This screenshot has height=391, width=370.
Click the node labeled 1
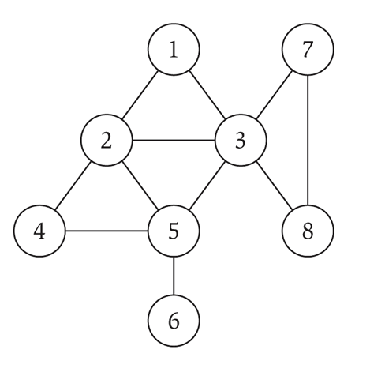click(174, 49)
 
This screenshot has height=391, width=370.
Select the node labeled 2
click(107, 140)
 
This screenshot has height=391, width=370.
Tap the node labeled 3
click(241, 140)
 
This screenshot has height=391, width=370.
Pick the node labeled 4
click(39, 231)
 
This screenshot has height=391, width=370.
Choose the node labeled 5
click(174, 231)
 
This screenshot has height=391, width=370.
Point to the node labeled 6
click(174, 321)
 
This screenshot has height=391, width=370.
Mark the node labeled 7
click(308, 49)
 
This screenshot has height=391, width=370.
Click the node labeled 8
click(308, 231)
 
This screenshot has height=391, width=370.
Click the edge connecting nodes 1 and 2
click(140, 95)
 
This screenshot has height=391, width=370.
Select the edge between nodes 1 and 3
click(207, 95)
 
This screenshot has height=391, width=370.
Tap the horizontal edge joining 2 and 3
click(174, 140)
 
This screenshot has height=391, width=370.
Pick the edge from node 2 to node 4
click(73, 186)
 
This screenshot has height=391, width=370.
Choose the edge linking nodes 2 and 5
click(140, 186)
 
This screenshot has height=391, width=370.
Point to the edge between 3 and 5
click(207, 186)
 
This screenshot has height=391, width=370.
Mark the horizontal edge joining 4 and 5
click(107, 231)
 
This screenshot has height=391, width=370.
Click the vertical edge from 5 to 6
click(174, 276)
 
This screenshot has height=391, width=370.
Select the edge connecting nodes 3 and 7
click(275, 95)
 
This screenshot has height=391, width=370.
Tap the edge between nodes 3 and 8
click(275, 186)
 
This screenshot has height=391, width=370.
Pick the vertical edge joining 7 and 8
click(308, 140)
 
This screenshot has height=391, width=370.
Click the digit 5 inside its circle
click(174, 231)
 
